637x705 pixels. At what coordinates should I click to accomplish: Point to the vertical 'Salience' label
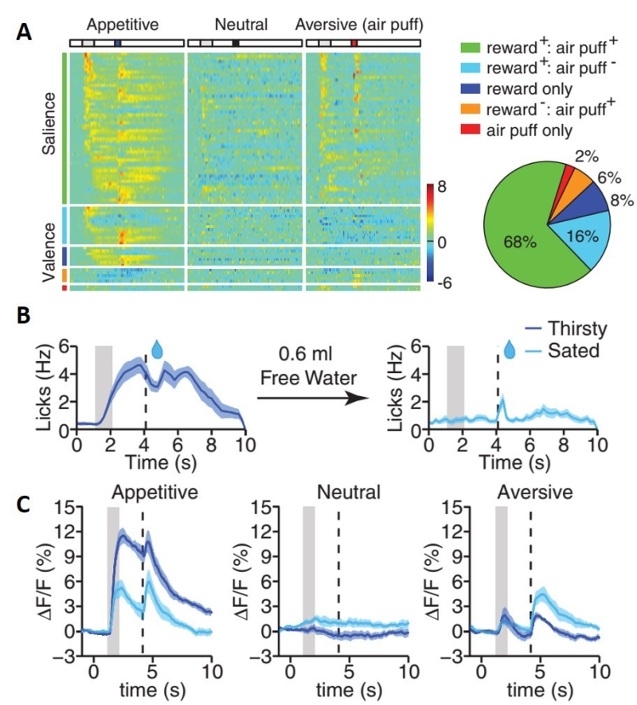point(49,126)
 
